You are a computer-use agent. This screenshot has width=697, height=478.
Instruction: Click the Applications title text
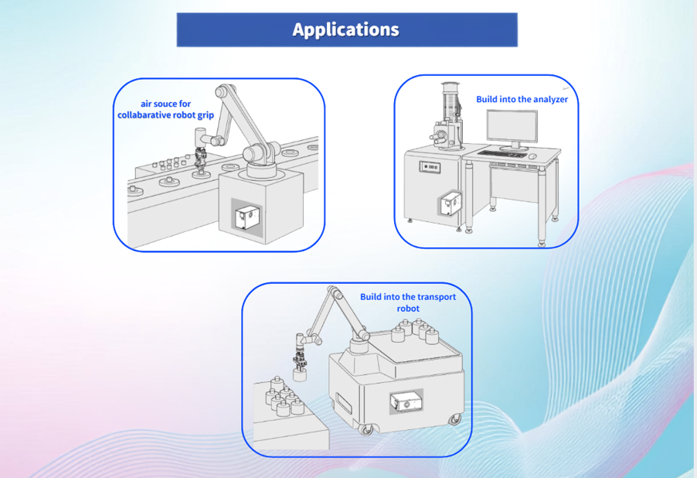coord(346,30)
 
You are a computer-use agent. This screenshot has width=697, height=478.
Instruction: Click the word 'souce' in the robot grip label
coord(165,104)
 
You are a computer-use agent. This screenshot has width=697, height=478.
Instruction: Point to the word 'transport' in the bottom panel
coord(436,297)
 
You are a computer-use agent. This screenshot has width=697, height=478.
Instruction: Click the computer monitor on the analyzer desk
coord(512,129)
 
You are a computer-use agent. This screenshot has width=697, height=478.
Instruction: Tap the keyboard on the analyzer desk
coord(501,155)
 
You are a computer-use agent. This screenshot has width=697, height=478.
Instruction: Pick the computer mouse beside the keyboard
coord(532,155)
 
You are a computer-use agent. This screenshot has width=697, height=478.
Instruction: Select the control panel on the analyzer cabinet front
coord(430,167)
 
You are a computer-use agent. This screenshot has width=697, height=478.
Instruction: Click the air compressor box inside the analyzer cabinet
coord(450,204)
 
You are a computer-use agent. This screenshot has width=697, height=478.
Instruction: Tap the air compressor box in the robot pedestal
coord(247,217)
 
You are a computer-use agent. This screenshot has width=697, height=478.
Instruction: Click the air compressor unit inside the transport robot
coord(406,402)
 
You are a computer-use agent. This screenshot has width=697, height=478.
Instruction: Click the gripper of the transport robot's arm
coord(300,359)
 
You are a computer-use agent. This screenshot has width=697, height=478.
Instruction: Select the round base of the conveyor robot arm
coord(261,169)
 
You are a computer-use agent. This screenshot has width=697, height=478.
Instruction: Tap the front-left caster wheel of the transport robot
coord(365,429)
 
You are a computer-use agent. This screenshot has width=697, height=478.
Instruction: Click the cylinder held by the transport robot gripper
coord(300,374)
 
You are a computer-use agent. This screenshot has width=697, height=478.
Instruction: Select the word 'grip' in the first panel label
coord(205,115)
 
